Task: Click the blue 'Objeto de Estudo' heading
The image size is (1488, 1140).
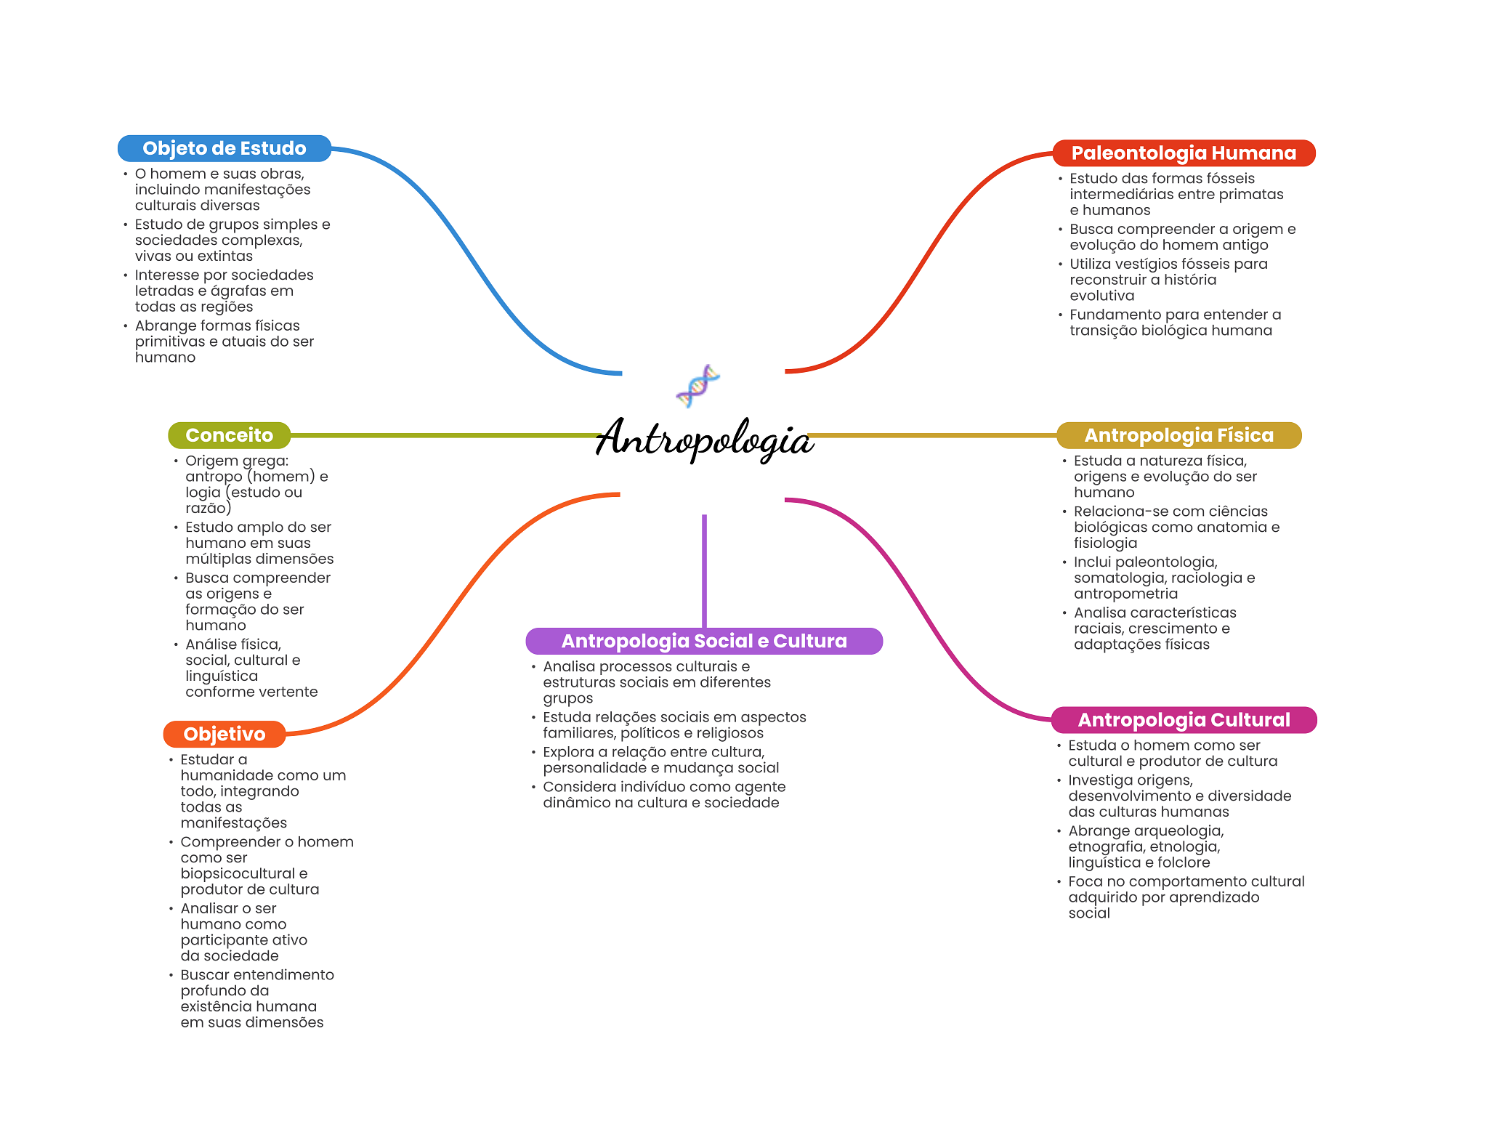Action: point(224,148)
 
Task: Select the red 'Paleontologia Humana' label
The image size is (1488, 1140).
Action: point(1184,153)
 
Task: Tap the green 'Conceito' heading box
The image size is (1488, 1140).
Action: point(229,435)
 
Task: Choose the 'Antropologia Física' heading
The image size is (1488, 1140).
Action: point(1178,435)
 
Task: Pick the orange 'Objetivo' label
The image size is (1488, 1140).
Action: point(224,734)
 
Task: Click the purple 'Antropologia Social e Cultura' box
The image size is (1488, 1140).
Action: point(703,641)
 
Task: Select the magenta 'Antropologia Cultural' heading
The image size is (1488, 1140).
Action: point(1184,720)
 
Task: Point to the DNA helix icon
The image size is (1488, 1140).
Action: point(697,386)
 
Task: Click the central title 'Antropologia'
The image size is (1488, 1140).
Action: point(703,439)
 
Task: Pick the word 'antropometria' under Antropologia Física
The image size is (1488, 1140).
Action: point(1125,594)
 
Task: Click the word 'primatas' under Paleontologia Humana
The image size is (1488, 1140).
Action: point(1252,194)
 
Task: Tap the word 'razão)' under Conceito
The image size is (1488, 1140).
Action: point(208,508)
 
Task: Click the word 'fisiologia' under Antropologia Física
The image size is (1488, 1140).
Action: point(1105,543)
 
